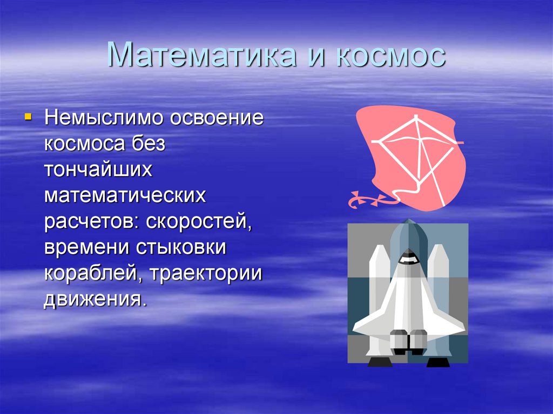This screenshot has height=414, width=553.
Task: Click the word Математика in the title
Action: tap(202, 55)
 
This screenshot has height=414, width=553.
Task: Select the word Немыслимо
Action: tap(104, 117)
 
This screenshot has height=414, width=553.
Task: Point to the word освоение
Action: tap(217, 118)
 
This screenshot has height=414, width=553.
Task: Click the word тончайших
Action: tap(98, 169)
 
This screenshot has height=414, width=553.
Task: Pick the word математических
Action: tap(125, 195)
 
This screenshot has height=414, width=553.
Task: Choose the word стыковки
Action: tap(180, 247)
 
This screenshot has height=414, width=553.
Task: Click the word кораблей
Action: tap(93, 273)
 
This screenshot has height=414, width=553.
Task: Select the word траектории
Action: tap(206, 274)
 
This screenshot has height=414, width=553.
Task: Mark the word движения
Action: tap(95, 300)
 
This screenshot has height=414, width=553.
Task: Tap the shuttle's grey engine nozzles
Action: tap(408, 341)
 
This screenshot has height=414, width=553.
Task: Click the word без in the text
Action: tap(148, 143)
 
